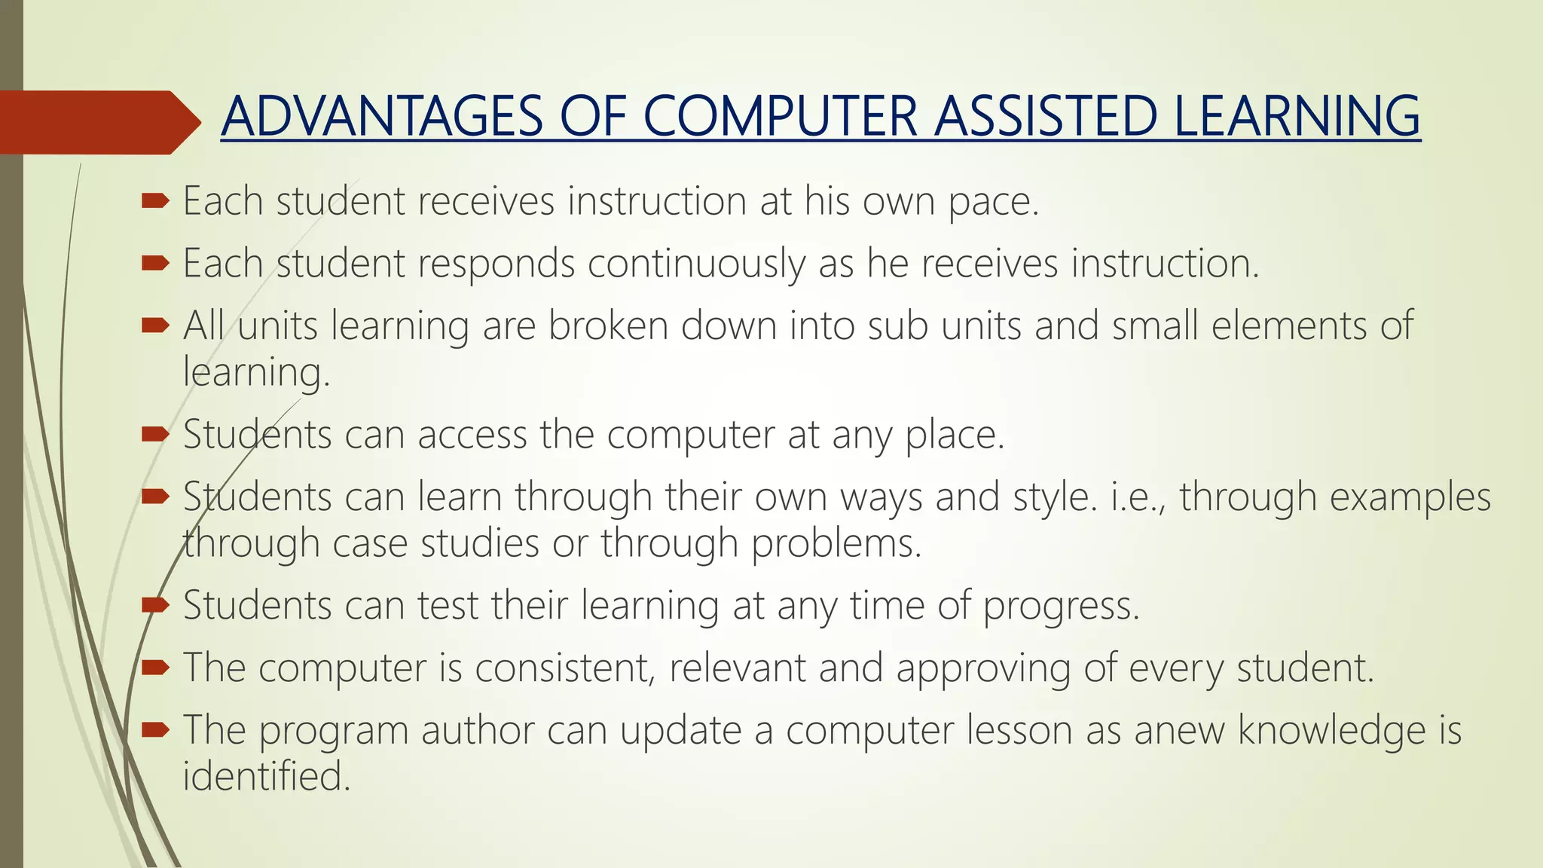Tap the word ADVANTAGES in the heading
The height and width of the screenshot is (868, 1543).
(382, 117)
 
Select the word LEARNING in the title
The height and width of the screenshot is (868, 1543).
(1297, 117)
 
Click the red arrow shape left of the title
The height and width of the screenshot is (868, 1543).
(98, 122)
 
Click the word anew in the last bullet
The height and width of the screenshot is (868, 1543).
(1180, 731)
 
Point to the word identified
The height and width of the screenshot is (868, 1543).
(267, 777)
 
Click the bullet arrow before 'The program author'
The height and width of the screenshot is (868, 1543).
(155, 729)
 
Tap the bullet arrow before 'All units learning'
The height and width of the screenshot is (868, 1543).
(155, 325)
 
